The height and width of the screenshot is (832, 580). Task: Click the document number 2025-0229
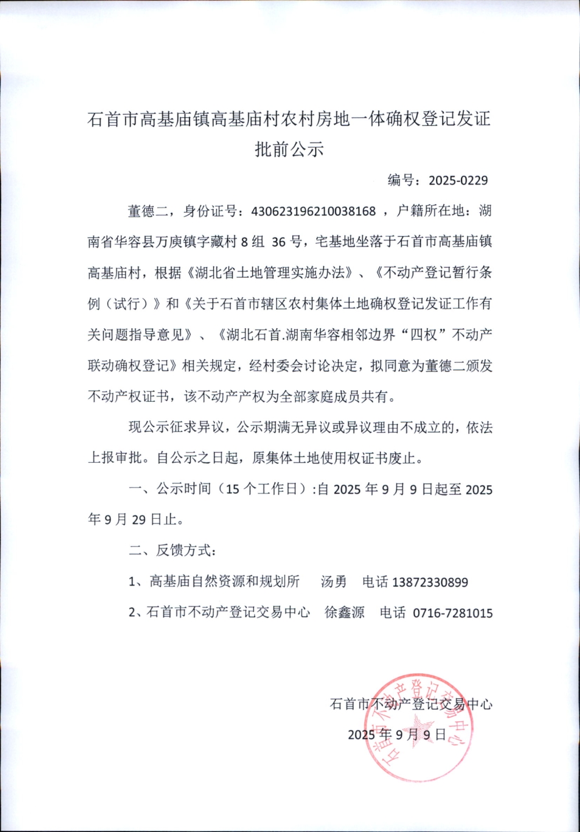458,180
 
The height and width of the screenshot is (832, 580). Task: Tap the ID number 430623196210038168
313,211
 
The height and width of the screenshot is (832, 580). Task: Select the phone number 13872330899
430,582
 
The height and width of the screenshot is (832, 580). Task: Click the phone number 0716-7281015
452,613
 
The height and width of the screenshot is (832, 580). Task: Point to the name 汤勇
333,582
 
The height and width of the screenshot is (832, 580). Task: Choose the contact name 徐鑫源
345,612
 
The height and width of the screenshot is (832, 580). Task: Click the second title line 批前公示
289,149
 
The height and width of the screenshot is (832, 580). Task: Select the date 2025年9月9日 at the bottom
397,735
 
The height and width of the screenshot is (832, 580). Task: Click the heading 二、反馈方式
172,550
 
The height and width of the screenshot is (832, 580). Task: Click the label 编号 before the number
401,180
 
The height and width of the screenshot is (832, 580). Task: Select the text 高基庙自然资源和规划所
224,582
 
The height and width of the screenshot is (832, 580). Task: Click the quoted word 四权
423,335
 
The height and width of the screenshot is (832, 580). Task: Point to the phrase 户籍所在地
430,211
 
